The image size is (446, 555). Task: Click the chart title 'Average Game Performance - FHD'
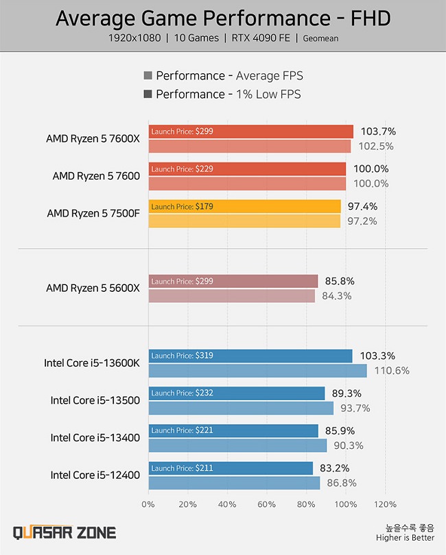222,18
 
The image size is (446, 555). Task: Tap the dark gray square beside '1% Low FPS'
148,94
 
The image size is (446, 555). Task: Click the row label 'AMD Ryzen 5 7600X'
93,138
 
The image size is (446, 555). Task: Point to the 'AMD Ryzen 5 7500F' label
93,213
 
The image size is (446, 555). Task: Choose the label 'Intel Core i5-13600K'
91,363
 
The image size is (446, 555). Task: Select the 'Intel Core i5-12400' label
95,475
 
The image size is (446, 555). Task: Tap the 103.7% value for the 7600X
379,132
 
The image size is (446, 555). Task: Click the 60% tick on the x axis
266,504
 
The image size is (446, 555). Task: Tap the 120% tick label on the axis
385,504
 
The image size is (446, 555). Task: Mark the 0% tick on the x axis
148,504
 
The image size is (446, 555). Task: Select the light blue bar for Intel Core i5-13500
241,408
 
